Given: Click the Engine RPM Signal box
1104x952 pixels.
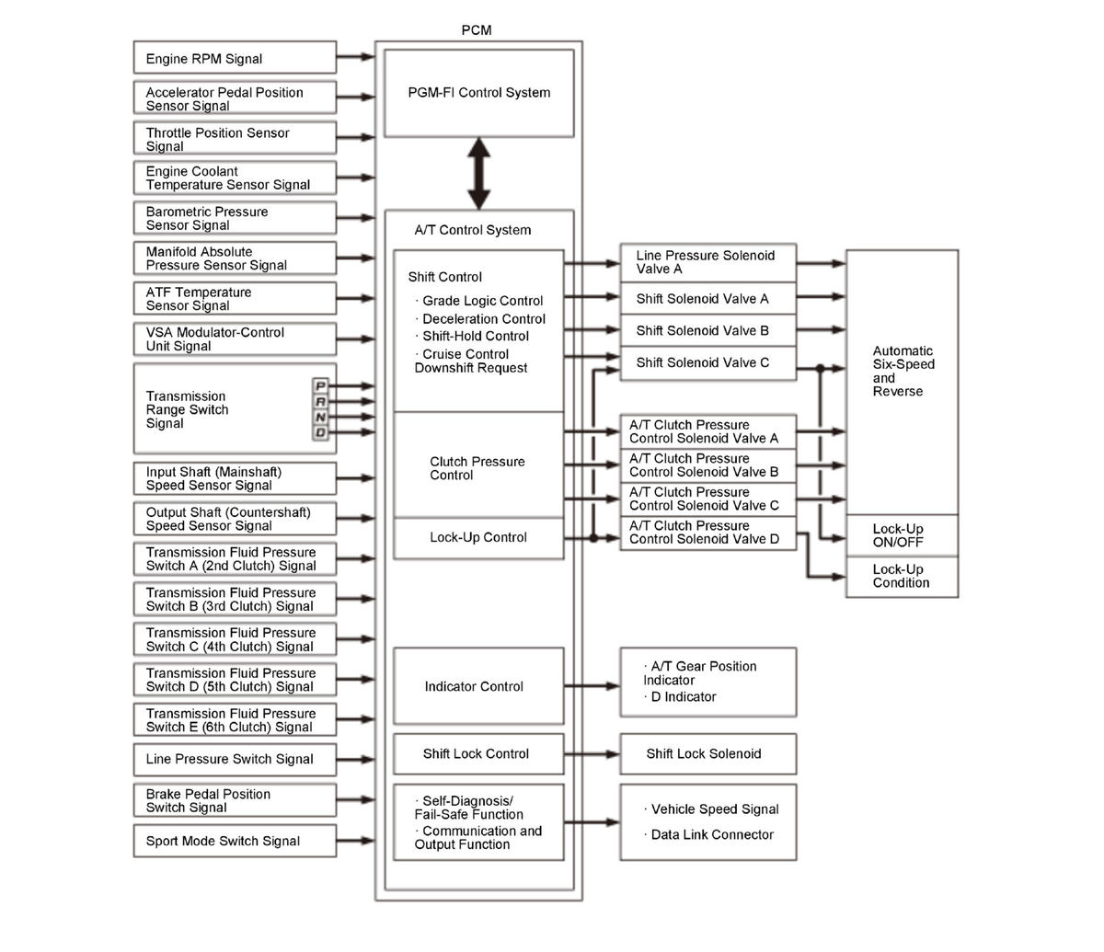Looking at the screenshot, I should coord(235,58).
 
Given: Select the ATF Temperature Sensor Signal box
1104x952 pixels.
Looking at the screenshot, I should coord(235,299).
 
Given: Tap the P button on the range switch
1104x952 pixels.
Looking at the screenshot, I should coord(320,386).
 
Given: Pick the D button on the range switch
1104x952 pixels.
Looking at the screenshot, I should coord(320,432).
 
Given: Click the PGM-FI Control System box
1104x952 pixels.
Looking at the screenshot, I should coord(478,93).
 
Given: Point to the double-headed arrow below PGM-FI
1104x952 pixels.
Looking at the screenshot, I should coord(478,173).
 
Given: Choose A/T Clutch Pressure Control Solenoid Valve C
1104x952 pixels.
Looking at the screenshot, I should coord(707,499).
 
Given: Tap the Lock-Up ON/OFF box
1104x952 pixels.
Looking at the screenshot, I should coord(901,535).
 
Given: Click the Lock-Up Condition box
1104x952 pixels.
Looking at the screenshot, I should coord(901,576).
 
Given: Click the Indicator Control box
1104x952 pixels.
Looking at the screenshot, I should coord(477,686).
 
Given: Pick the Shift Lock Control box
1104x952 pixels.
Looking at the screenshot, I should coord(477,753).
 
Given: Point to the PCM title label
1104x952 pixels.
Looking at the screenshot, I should coord(477,30).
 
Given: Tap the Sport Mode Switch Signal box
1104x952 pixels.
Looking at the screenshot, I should coord(235,841).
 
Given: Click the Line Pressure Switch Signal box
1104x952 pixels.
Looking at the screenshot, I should coord(235,759).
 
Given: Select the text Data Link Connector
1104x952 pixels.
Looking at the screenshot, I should coord(712,835).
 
